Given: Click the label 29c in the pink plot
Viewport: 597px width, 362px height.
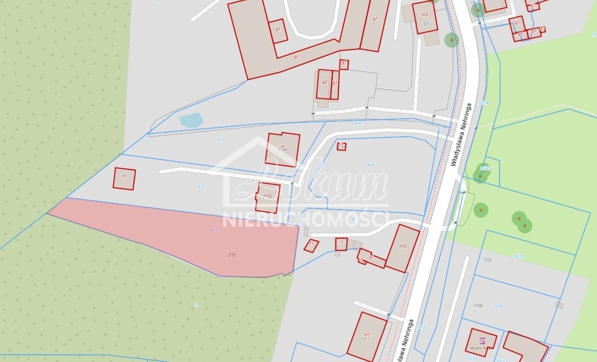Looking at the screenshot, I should (232, 254).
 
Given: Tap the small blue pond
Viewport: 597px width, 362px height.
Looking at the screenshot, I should (191, 120).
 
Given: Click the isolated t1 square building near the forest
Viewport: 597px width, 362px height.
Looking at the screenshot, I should (124, 178).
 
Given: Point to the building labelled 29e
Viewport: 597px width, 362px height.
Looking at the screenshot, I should (283, 150).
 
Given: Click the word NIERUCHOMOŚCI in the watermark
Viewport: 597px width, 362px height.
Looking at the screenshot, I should (305, 219).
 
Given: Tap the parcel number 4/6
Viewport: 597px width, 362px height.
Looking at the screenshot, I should (371, 165).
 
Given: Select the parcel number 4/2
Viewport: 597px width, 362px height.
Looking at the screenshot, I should (201, 187).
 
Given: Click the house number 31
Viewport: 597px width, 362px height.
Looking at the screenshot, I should (426, 24).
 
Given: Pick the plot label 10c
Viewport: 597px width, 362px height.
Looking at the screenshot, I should (487, 260).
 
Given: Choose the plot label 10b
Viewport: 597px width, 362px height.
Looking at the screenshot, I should (478, 305).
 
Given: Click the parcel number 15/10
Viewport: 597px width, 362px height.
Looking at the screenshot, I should (518, 256).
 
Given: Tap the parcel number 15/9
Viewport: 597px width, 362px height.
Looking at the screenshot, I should (497, 306).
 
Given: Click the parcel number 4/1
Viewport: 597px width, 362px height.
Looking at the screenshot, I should (221, 140).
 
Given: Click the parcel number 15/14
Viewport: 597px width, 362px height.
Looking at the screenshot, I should (483, 103).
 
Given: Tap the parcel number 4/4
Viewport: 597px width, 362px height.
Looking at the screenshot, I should (357, 123).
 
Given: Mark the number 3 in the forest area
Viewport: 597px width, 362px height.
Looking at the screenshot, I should (197, 305).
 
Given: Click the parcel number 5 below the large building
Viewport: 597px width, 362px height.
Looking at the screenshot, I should (367, 68).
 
